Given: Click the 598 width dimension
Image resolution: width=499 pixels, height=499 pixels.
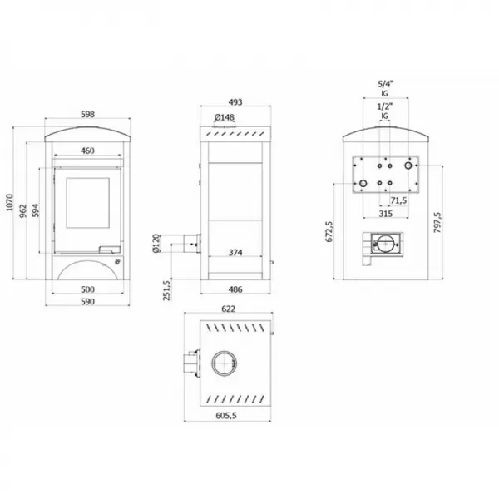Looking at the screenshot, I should click(87, 116).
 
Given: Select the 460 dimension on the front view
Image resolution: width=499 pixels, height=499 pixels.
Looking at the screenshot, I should click(87, 151).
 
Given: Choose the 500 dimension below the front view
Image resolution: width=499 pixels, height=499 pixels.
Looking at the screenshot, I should click(87, 290).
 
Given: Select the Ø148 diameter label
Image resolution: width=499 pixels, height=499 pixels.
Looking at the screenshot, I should click(223, 118).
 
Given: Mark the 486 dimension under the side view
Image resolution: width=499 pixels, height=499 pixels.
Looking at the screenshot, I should click(236, 290).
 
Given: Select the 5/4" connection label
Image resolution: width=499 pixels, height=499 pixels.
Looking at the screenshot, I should click(384, 84).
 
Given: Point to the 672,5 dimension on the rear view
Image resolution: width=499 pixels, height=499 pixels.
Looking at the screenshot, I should click(329, 231).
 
